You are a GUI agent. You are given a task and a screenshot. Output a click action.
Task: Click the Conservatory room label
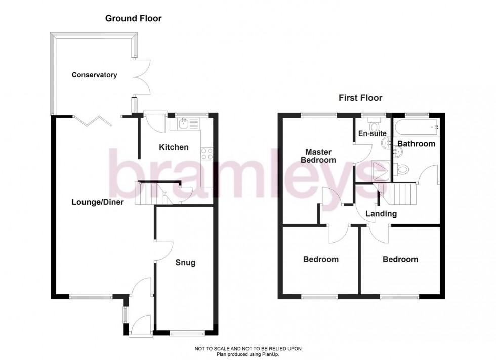(x=94, y=75)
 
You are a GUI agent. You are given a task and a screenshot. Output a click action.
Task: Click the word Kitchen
(x=174, y=147)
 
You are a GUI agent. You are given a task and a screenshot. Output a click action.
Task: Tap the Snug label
(x=185, y=263)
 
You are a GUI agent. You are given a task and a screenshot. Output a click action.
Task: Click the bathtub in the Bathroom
(x=416, y=128)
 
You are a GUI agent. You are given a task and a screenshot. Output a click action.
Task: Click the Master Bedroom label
(x=318, y=156)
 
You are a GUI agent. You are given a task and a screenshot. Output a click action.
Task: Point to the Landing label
(x=381, y=214)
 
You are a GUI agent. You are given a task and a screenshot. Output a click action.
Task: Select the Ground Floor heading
(x=133, y=19)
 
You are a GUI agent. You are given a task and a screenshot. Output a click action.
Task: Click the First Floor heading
(x=360, y=98)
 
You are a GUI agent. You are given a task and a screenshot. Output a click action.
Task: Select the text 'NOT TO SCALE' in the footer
(x=213, y=349)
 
